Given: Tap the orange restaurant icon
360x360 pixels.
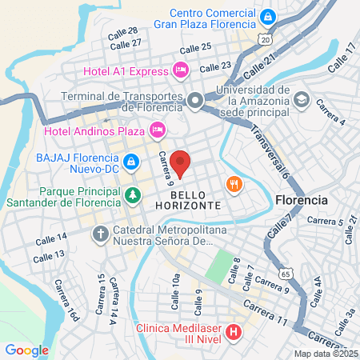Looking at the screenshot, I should pyautogui.click(x=234, y=183).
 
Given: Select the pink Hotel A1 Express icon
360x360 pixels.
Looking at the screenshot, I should pyautogui.click(x=181, y=70).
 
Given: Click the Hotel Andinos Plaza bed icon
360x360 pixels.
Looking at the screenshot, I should pyautogui.click(x=158, y=128).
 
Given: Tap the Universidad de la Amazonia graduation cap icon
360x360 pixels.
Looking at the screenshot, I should pyautogui.click(x=301, y=100).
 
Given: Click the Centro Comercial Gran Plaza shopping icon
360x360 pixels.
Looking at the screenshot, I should pyautogui.click(x=269, y=15).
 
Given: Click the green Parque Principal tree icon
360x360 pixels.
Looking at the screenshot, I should pyautogui.click(x=131, y=194).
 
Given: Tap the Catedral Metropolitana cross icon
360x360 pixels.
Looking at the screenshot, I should pyautogui.click(x=100, y=234).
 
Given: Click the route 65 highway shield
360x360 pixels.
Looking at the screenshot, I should pyautogui.click(x=285, y=273).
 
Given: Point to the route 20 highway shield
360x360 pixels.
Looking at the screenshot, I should pyautogui.click(x=264, y=39).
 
